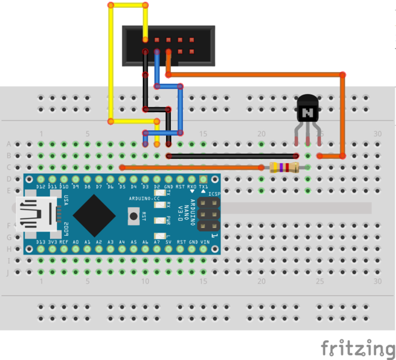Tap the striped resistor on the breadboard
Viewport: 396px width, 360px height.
point(284,167)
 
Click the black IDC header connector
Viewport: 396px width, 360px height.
point(169,46)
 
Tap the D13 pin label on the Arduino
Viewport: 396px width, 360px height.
point(40,242)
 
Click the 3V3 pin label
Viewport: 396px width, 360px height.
point(52,242)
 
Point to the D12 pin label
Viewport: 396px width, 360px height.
point(40,187)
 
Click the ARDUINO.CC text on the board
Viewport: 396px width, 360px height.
point(142,198)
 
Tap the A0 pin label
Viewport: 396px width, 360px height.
point(76,242)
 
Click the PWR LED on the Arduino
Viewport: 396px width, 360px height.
point(160,220)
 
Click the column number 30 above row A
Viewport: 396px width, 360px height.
point(377,134)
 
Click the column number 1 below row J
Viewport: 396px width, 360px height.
point(41,281)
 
